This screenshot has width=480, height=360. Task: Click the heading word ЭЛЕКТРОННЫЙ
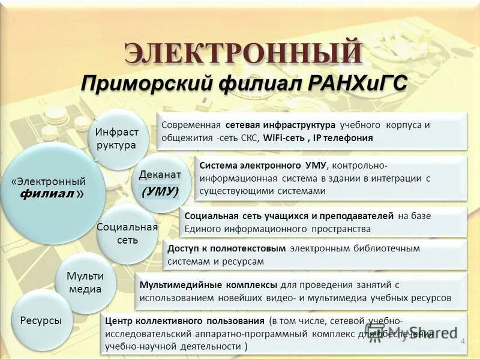242,53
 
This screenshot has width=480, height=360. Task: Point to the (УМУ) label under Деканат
160,191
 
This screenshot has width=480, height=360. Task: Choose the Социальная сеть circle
127,233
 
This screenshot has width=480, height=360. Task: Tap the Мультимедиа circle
85,283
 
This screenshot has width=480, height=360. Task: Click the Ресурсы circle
41,320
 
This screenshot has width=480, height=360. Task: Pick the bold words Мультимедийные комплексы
208,284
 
